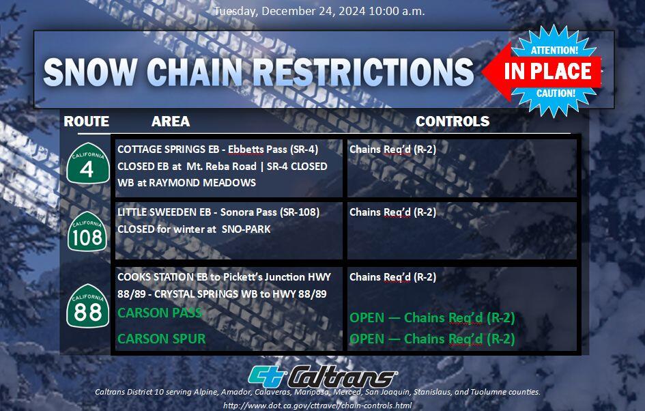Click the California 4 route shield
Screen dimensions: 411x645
pyautogui.click(x=87, y=163)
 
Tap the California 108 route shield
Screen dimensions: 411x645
pyautogui.click(x=87, y=231)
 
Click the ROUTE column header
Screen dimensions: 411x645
pyautogui.click(x=87, y=122)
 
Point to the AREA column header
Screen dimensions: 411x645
pyautogui.click(x=171, y=122)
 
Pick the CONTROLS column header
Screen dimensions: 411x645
pyautogui.click(x=453, y=122)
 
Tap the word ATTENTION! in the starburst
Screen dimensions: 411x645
pyautogui.click(x=554, y=50)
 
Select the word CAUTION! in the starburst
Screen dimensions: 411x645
pyautogui.click(x=555, y=93)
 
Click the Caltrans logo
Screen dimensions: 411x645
pyautogui.click(x=323, y=375)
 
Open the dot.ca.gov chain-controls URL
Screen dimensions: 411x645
pyautogui.click(x=317, y=406)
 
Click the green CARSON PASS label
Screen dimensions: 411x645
pyautogui.click(x=160, y=313)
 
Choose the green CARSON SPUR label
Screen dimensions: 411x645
pyautogui.click(x=161, y=339)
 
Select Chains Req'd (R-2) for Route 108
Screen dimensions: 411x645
pyautogui.click(x=392, y=212)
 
